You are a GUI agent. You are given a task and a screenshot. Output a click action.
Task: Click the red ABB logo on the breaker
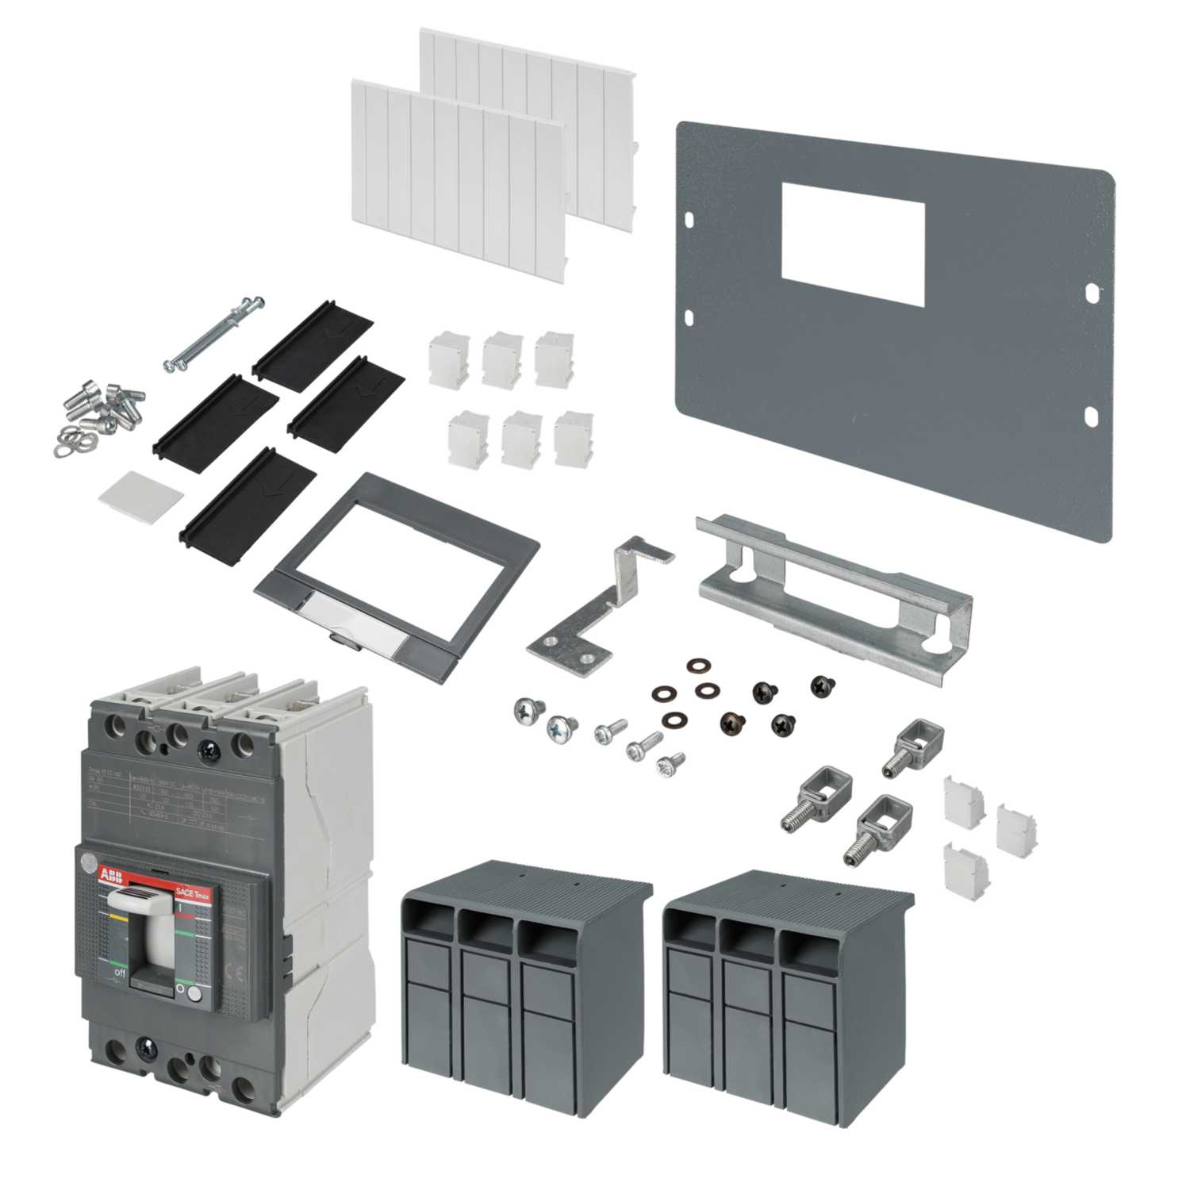click(108, 873)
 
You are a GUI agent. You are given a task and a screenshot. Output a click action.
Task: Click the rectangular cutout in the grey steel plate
click(853, 244)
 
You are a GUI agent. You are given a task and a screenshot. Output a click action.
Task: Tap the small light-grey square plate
click(140, 497)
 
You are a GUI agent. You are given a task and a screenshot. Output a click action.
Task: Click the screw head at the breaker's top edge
click(210, 746)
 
